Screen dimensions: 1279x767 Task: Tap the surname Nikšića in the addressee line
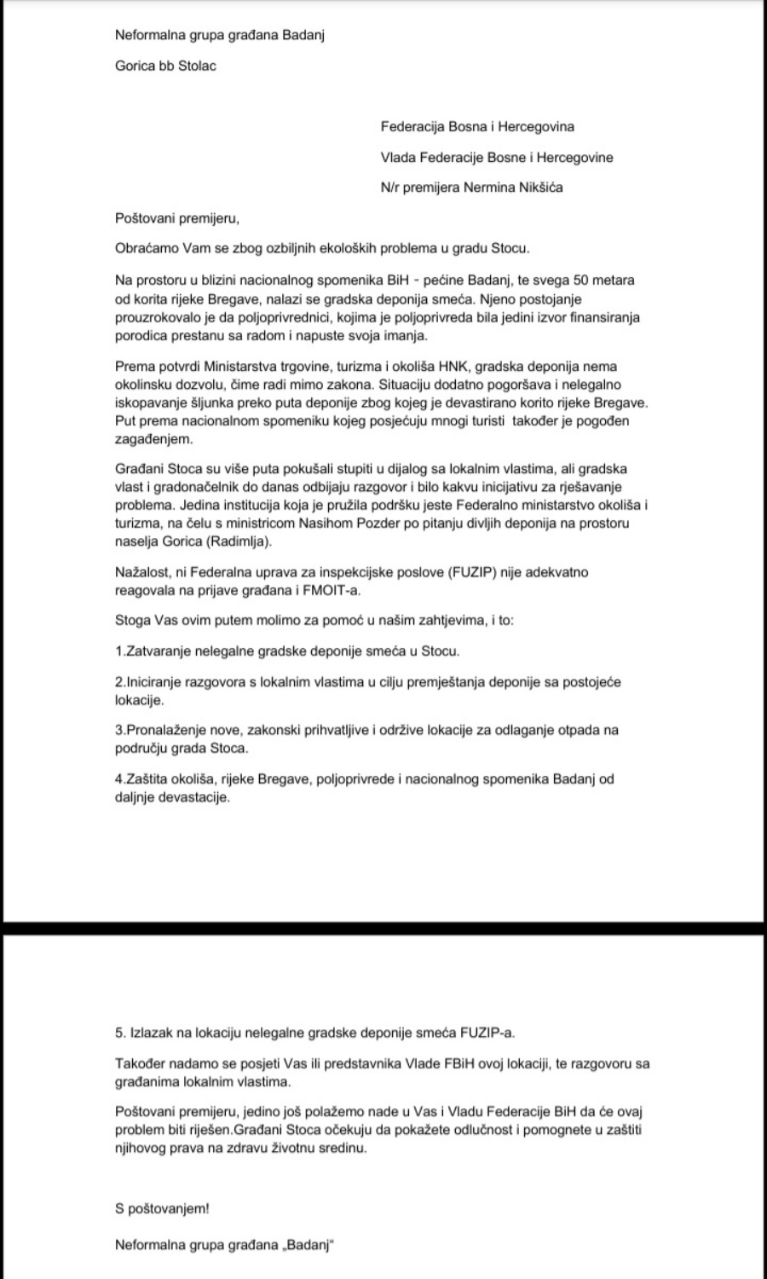click(x=537, y=188)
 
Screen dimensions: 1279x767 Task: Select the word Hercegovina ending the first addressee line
click(x=535, y=126)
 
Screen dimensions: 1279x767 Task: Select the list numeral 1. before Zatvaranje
click(x=119, y=651)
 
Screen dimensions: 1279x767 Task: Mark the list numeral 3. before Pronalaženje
click(x=119, y=730)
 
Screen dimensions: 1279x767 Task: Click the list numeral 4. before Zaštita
click(x=119, y=778)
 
